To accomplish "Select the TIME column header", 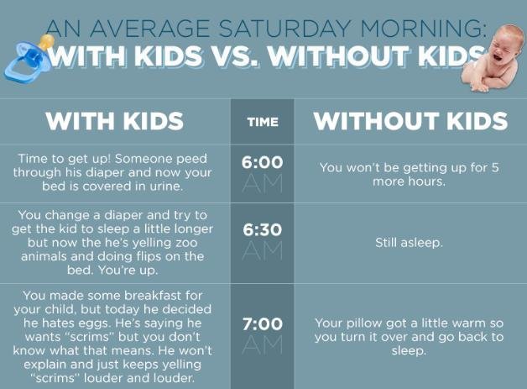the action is click(x=263, y=122).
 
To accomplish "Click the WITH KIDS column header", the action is click(x=115, y=120).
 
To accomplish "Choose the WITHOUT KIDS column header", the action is click(x=410, y=120).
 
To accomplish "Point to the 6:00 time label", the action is click(x=262, y=162).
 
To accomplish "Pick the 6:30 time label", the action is click(x=262, y=230).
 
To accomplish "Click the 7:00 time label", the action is click(x=262, y=324).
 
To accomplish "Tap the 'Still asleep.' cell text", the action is click(x=409, y=242).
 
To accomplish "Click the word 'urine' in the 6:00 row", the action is click(x=166, y=186).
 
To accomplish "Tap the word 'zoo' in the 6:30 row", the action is click(x=187, y=243).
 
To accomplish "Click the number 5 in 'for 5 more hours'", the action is click(x=495, y=167).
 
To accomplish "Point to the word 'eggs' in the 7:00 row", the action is click(x=94, y=323).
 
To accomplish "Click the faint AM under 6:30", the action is click(x=262, y=250).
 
